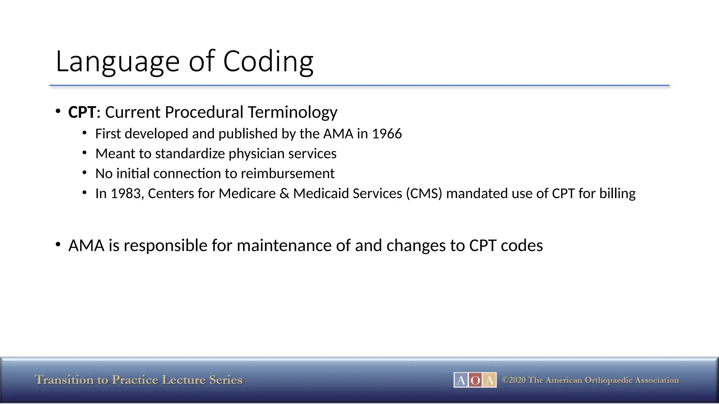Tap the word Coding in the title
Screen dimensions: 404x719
pos(268,62)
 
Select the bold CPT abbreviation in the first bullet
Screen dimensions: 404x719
pos(82,112)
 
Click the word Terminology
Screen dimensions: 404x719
pos(292,112)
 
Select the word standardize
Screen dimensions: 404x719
pos(190,154)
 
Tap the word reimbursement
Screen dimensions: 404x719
pos(288,174)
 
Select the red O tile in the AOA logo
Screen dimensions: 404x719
pos(475,380)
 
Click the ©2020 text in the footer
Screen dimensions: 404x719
pos(514,380)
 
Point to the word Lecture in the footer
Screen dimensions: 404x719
pos(184,380)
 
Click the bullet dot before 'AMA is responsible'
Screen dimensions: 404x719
pos(58,244)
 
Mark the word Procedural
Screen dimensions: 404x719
pos(204,112)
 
